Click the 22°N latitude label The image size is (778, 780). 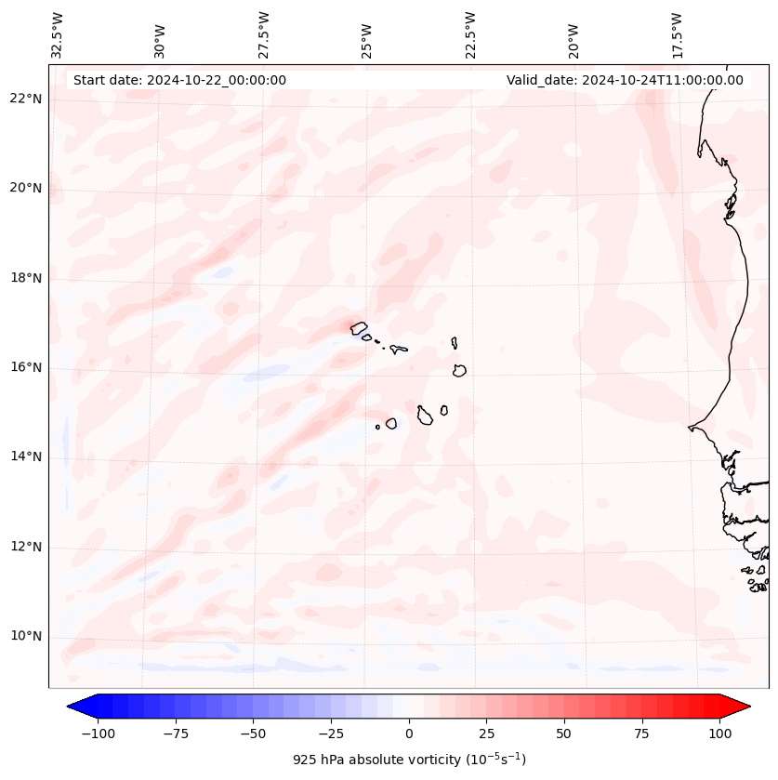coord(26,99)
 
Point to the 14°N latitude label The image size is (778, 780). coord(26,456)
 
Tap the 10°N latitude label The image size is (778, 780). coord(26,637)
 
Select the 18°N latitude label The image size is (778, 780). coord(26,278)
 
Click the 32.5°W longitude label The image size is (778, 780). coord(58,35)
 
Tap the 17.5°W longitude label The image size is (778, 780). coord(677,35)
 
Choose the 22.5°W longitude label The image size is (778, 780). coord(470,35)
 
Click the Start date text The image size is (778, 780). coord(179,80)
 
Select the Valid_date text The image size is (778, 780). coord(625,80)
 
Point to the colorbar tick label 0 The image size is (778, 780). coord(409,734)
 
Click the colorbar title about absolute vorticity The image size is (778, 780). coord(409,760)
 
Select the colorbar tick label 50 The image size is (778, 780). coord(564,734)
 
